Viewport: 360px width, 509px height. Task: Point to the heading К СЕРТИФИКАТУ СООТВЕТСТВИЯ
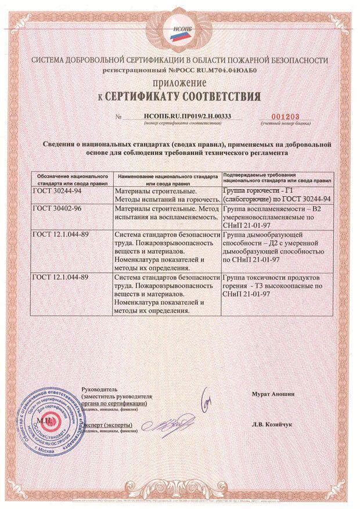click(180, 95)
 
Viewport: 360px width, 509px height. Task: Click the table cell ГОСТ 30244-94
click(56, 190)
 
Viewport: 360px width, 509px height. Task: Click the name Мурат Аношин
click(272, 394)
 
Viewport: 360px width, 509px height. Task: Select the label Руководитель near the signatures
click(100, 390)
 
